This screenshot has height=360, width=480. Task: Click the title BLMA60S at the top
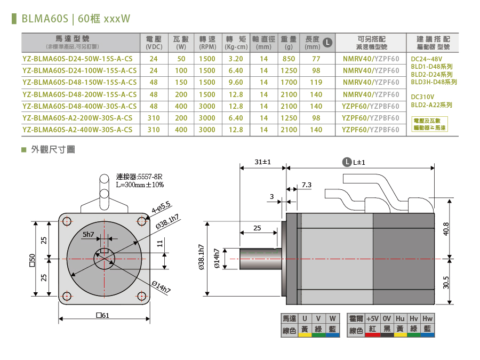tap(45, 19)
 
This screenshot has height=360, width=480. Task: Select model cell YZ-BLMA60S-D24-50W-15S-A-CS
tap(79, 59)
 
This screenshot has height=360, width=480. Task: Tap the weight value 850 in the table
tap(289, 59)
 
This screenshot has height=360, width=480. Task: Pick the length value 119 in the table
tap(316, 82)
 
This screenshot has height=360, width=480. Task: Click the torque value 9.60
tap(235, 82)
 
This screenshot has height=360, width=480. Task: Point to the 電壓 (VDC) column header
tap(154, 43)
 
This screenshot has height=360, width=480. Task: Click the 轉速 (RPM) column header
tap(207, 43)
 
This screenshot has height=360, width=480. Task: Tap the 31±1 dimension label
tap(263, 161)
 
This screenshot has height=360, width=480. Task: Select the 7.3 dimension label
tap(307, 185)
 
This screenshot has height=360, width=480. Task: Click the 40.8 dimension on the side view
tap(446, 228)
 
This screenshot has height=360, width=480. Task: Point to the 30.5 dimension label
tap(446, 281)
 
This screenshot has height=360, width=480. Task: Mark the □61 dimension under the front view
tap(103, 315)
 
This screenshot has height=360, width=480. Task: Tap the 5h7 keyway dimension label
tap(88, 235)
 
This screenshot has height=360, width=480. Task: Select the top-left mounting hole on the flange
tap(67, 220)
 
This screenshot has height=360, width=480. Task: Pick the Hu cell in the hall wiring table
tap(401, 318)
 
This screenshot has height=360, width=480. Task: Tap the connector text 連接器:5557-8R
tap(139, 177)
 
